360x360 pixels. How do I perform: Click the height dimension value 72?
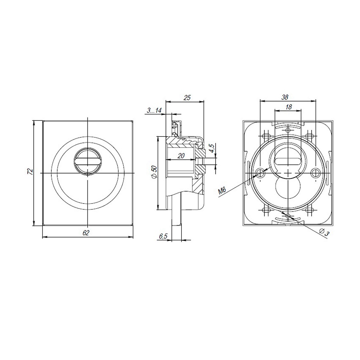29,172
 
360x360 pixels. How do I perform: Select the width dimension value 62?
86,232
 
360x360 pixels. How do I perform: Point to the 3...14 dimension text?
154,110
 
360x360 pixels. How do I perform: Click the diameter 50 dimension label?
154,172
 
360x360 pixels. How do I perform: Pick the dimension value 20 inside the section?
181,156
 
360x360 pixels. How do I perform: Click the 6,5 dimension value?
163,236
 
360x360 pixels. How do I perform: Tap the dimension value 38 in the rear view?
285,97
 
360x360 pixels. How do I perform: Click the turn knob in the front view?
87,162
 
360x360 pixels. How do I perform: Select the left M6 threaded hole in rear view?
260,173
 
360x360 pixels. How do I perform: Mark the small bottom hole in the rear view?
288,216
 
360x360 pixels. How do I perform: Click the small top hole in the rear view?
288,130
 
